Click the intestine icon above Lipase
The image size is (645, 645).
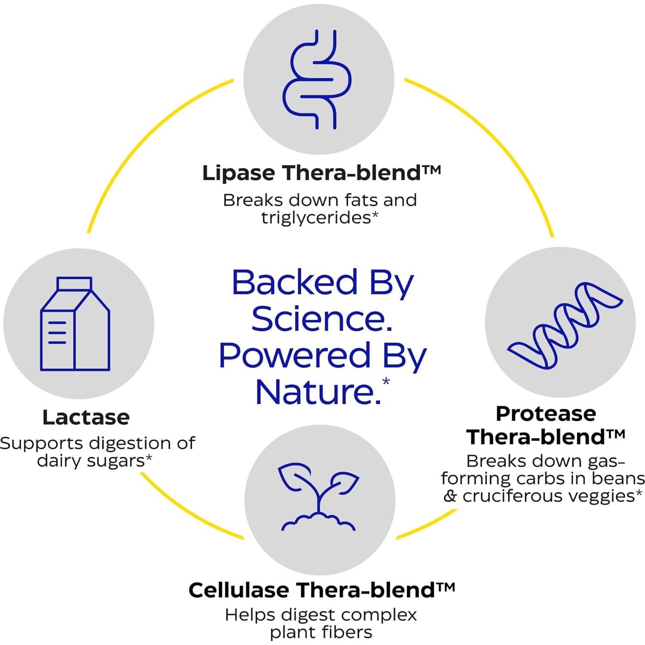point(318,79)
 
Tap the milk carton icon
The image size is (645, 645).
point(75,324)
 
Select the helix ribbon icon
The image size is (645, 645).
point(564,324)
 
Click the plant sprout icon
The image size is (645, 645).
point(319,497)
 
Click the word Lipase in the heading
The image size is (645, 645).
point(238,173)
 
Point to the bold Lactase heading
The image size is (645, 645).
point(86,417)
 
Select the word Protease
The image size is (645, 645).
point(546,414)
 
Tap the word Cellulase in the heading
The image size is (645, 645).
point(239,590)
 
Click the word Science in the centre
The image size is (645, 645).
point(321,319)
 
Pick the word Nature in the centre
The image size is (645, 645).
point(318,392)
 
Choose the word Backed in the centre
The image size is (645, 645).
point(295,283)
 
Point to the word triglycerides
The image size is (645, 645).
point(316,218)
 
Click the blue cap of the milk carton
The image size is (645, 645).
point(75,284)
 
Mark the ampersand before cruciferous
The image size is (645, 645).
point(450,496)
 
